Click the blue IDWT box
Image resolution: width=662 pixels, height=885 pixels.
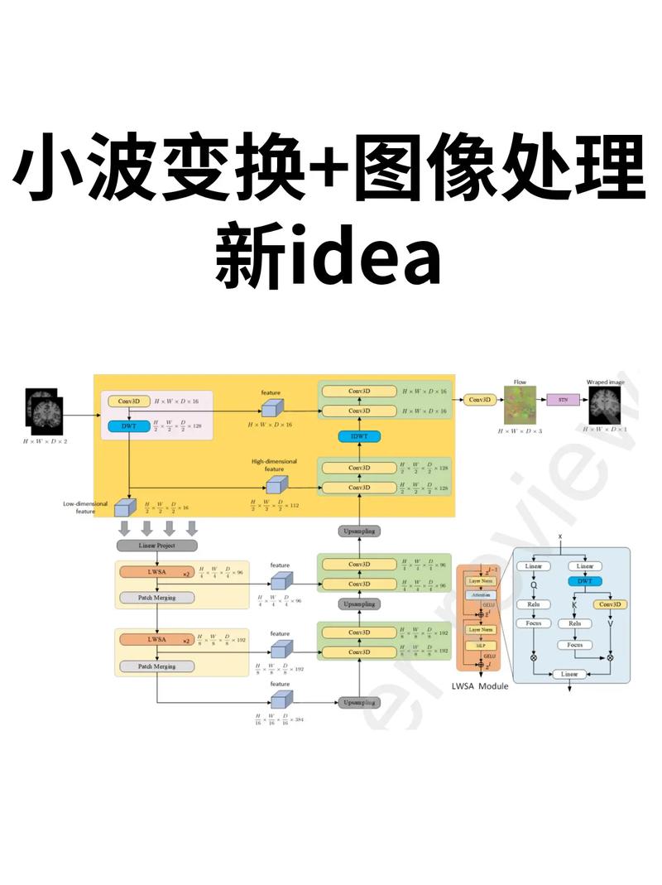[359, 436]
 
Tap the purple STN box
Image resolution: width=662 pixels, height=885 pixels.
[563, 399]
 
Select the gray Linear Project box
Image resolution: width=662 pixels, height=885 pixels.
[157, 545]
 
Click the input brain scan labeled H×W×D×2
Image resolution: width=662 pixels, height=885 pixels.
[44, 410]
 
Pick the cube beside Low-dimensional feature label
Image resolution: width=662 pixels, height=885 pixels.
[124, 507]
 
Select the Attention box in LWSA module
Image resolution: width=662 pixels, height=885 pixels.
[479, 594]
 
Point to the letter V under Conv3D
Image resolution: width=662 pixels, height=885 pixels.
[611, 623]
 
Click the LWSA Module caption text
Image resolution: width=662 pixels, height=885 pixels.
[480, 685]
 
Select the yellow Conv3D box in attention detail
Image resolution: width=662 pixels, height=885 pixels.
[611, 604]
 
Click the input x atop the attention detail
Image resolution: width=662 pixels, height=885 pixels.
[560, 536]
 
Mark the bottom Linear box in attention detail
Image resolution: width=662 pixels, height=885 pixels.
[570, 675]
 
